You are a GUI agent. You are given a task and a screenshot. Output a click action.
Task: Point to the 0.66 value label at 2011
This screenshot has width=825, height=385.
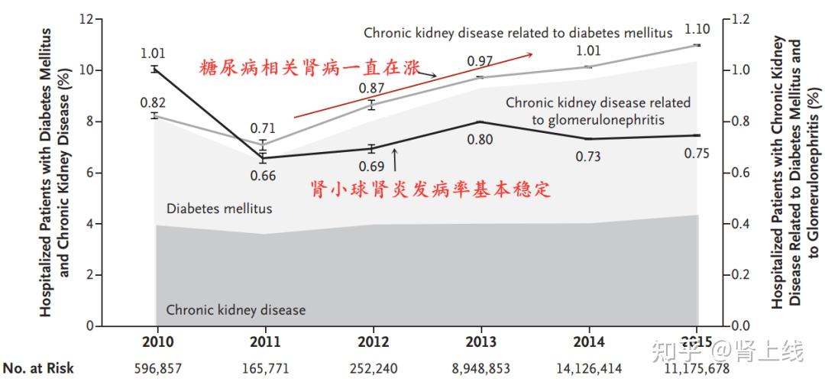point(263,176)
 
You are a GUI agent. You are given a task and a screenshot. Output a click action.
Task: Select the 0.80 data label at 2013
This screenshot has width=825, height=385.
point(480,139)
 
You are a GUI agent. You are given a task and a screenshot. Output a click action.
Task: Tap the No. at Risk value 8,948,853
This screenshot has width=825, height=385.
point(480,368)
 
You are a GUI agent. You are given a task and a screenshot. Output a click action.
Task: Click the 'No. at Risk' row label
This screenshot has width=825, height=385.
point(38,368)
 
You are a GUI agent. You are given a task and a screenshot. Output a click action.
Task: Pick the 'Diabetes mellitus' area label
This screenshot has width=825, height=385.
point(218,208)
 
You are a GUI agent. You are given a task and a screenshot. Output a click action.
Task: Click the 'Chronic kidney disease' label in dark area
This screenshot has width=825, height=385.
point(235,310)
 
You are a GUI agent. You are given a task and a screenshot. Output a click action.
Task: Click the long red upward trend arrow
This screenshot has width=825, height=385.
point(412,85)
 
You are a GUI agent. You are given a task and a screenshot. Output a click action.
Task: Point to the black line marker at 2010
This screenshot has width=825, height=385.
point(154,70)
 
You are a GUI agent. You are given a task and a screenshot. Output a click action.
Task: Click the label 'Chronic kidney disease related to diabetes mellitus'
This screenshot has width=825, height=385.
point(518,33)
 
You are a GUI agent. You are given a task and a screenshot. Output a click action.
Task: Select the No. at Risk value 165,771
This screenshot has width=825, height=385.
point(263,368)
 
